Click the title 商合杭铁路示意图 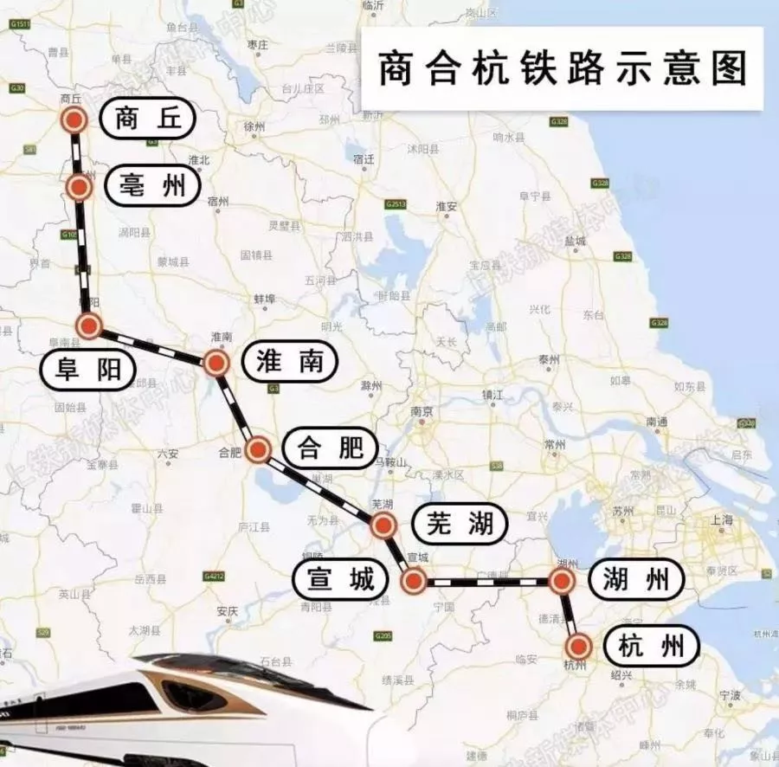tap(562, 69)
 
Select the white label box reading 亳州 tap(151, 186)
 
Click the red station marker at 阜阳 tap(89, 325)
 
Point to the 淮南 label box tap(290, 362)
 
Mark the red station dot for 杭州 tap(578, 646)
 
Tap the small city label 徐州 tap(254, 126)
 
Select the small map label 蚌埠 tap(264, 298)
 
